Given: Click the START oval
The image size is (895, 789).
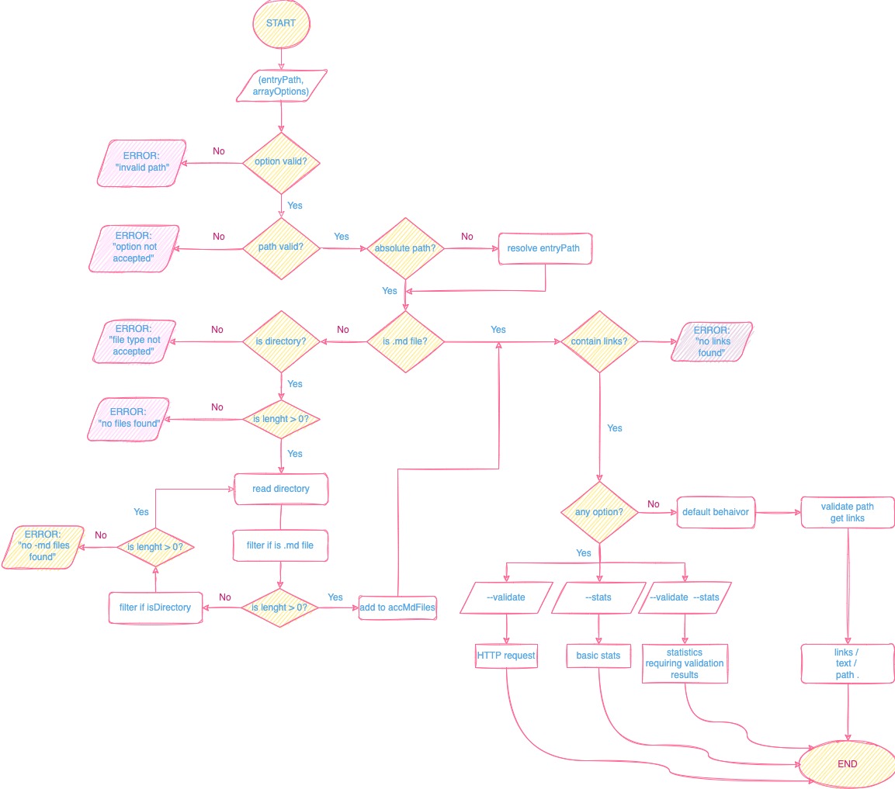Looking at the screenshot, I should pyautogui.click(x=280, y=23).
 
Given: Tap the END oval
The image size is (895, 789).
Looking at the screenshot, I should pyautogui.click(x=847, y=763).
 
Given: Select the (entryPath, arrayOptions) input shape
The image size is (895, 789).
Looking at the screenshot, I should pyautogui.click(x=280, y=85).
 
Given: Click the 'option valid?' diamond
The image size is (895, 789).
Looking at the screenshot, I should pyautogui.click(x=280, y=162).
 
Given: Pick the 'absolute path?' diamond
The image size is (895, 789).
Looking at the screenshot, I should pyautogui.click(x=404, y=248).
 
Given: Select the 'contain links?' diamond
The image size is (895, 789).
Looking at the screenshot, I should pyautogui.click(x=598, y=341).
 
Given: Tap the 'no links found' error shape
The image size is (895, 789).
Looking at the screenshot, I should pyautogui.click(x=711, y=341).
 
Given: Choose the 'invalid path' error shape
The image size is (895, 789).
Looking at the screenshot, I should pyautogui.click(x=141, y=162).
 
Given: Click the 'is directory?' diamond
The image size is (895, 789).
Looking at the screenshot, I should pyautogui.click(x=280, y=341).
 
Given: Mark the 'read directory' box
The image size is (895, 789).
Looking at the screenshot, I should pyautogui.click(x=281, y=489).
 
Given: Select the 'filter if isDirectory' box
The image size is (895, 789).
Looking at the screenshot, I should pyautogui.click(x=155, y=607).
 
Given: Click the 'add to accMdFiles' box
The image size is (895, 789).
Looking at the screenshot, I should pyautogui.click(x=397, y=607).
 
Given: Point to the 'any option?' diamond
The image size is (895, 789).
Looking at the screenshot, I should pyautogui.click(x=598, y=512).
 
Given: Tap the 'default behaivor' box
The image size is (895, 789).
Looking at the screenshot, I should pyautogui.click(x=715, y=512).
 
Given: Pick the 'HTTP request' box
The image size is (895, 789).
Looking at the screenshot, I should pyautogui.click(x=506, y=656).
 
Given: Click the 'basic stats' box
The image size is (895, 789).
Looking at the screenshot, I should pyautogui.click(x=598, y=656).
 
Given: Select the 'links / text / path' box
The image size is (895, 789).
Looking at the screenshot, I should pyautogui.click(x=847, y=663).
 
